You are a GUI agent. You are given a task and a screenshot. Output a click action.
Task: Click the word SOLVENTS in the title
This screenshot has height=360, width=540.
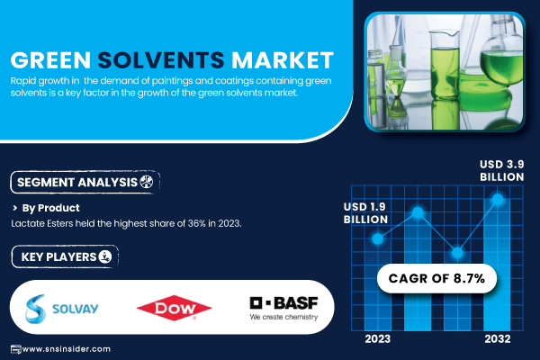pos(161,60)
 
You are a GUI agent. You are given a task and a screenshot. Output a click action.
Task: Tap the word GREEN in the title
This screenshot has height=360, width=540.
pos(50,60)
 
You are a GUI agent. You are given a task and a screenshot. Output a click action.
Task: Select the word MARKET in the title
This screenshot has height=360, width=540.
pos(283,60)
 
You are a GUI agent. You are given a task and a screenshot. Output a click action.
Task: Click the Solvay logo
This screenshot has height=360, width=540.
pos(61,309)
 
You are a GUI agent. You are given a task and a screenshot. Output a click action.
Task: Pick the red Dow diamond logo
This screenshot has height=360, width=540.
pos(175,308)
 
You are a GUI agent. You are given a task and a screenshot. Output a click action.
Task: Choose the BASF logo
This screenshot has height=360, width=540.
pos(283,308)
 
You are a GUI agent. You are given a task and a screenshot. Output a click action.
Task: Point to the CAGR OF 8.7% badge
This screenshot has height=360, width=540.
pos(436,278)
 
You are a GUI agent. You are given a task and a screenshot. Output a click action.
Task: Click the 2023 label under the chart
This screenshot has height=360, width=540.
pos(378,339)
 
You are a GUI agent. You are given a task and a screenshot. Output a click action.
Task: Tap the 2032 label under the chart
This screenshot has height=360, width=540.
pos(498,339)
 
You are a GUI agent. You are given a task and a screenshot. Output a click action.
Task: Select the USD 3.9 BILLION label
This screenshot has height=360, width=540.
pos(502,170)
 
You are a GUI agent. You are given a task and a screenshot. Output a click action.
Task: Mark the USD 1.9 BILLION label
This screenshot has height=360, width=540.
pos(365,213)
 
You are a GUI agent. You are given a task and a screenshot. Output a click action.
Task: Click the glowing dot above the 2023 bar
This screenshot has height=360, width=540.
pos(377,238)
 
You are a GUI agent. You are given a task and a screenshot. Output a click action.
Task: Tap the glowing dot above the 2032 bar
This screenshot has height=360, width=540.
pos(498,199)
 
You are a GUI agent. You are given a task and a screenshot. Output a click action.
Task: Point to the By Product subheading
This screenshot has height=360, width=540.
pos(50,208)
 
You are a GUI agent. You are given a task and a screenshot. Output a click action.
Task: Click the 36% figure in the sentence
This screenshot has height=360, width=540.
pos(196,223)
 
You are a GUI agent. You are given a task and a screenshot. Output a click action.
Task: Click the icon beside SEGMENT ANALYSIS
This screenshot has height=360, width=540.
pos(147,182)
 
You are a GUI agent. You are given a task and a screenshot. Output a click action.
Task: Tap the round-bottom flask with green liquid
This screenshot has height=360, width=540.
pos(501,62)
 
